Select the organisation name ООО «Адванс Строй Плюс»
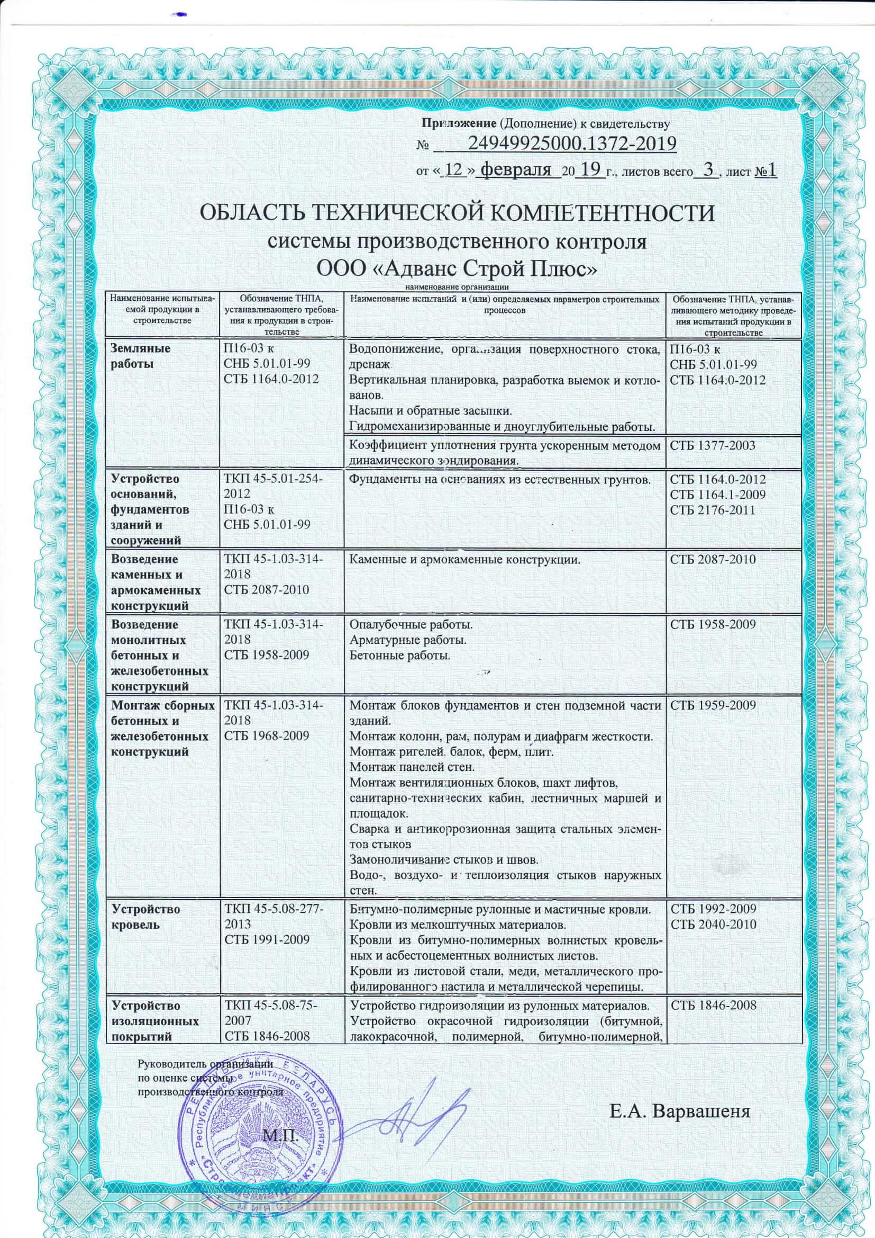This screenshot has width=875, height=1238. [x=458, y=268]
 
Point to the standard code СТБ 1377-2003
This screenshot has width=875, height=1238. [x=712, y=446]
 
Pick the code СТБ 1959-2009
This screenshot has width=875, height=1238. [x=712, y=705]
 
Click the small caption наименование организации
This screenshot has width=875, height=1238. [x=458, y=287]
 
